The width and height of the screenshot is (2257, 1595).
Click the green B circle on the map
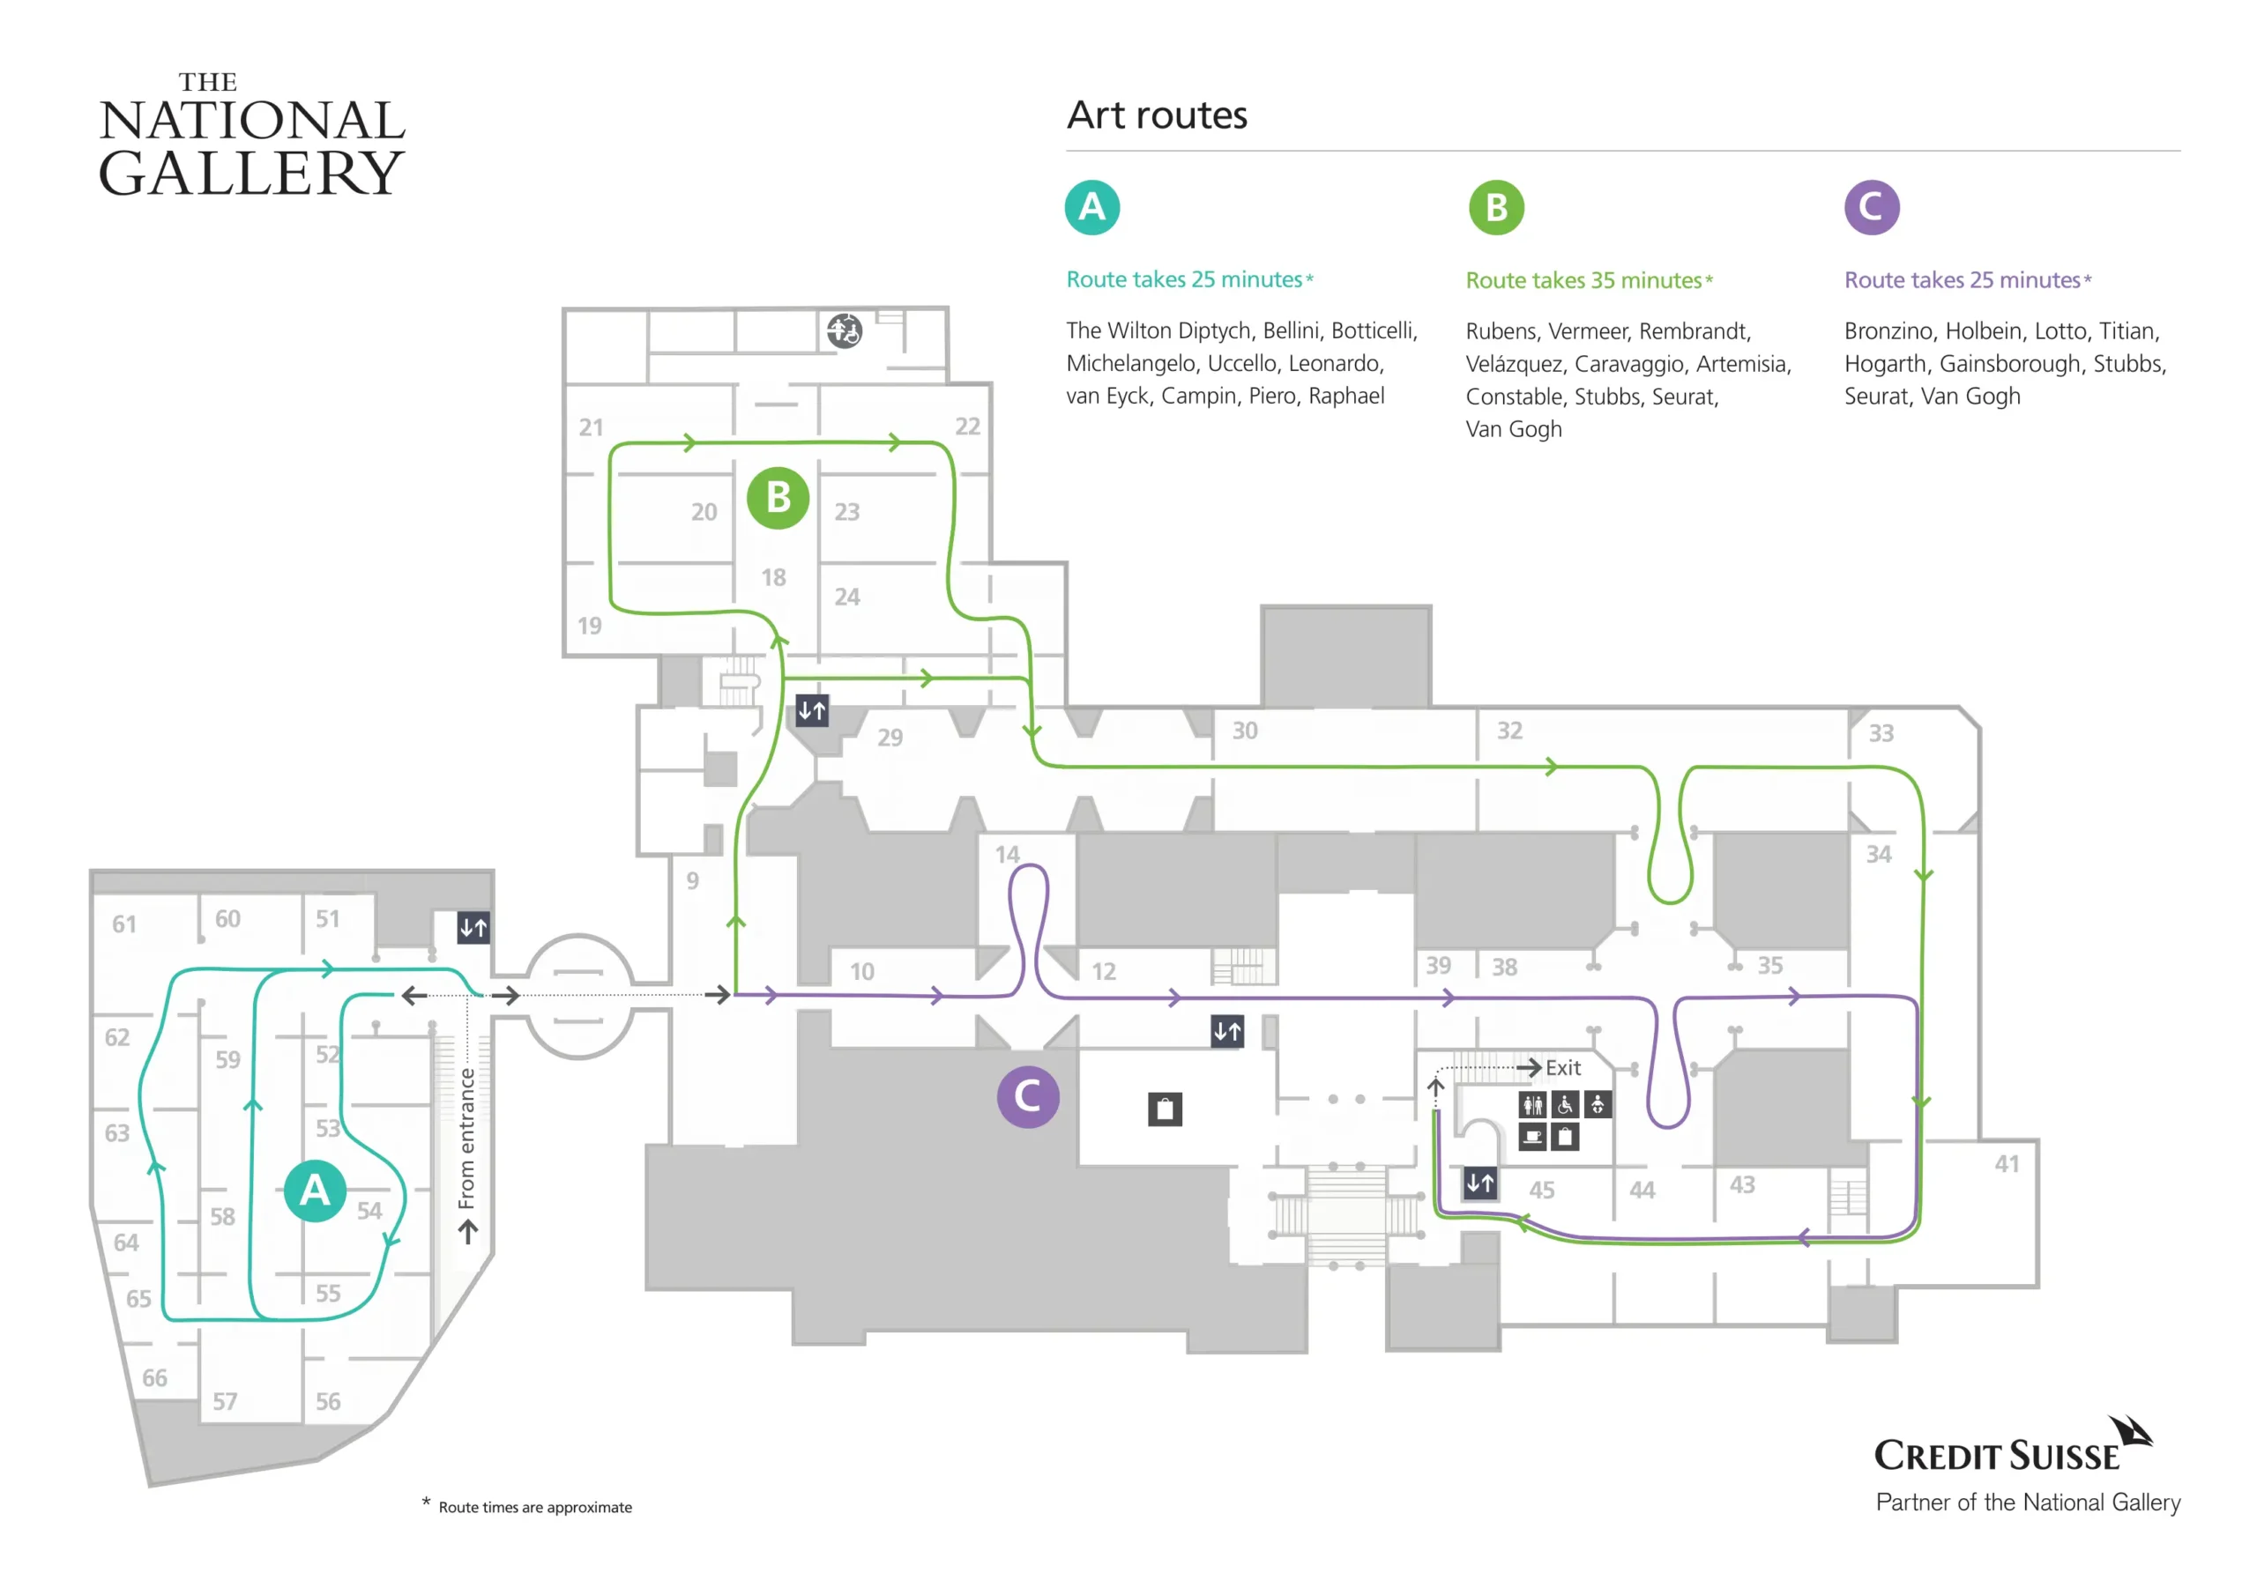778,497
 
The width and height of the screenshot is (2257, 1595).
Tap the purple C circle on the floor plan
1027,1095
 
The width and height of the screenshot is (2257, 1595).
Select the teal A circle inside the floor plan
315,1191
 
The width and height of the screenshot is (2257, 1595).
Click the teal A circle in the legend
1092,207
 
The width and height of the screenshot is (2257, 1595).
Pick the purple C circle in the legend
1871,207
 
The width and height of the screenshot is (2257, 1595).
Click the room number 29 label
890,737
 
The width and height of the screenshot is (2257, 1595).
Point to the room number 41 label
2007,1163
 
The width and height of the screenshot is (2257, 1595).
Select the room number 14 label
1007,854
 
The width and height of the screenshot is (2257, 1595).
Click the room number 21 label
591,427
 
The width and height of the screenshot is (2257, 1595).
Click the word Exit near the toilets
1562,1067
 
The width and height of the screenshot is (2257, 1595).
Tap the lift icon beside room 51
473,927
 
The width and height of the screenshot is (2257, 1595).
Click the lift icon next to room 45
1479,1183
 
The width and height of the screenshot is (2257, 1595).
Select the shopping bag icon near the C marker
1165,1109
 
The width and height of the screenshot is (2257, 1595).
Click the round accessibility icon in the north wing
844,330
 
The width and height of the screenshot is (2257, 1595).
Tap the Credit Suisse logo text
1997,1456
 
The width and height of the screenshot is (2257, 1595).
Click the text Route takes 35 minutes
1583,280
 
